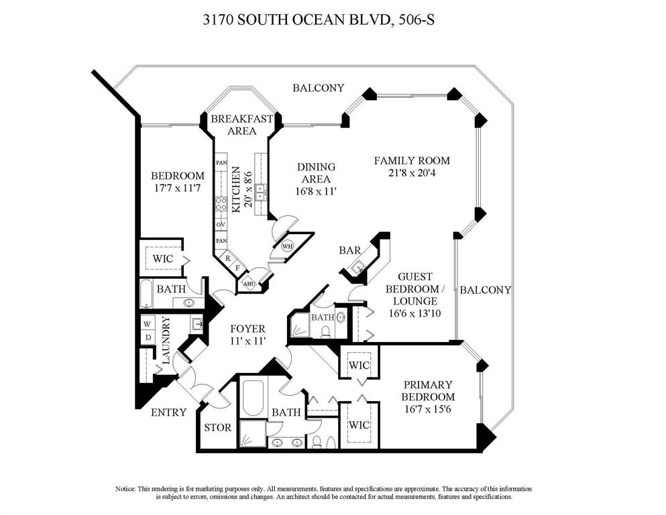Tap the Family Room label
[411, 161]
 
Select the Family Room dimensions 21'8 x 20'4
[411, 173]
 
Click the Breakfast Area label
[241, 125]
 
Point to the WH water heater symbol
[288, 246]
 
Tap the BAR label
[350, 250]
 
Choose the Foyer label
[247, 329]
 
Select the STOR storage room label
[218, 427]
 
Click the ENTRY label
[168, 412]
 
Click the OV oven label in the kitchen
[220, 224]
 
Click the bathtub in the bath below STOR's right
[254, 398]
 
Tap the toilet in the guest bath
[325, 331]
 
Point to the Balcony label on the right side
[485, 290]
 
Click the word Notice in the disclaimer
[129, 489]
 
